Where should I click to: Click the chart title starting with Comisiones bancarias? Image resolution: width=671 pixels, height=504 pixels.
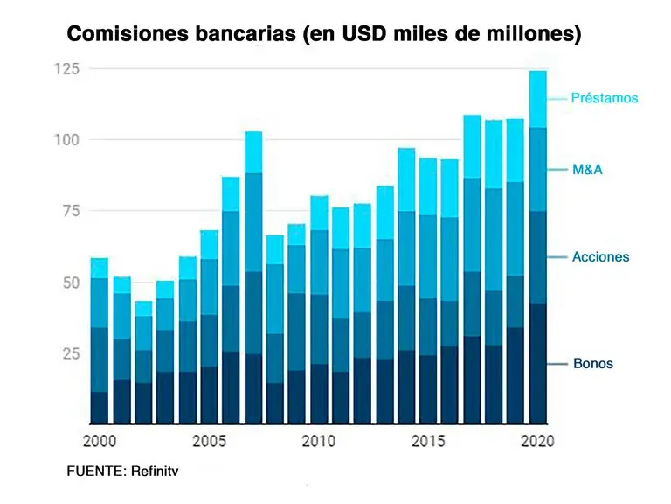[324, 34]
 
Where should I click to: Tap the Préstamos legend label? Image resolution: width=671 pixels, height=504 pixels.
[605, 98]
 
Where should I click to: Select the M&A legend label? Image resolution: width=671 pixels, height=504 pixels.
[587, 169]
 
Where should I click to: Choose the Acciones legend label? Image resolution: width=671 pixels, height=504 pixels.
[600, 257]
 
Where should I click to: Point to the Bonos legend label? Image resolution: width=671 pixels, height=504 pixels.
[592, 363]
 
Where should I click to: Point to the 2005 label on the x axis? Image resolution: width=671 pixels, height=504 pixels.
[209, 442]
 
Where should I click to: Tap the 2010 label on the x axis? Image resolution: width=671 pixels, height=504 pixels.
[318, 442]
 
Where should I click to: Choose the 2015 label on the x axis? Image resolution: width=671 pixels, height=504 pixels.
[428, 442]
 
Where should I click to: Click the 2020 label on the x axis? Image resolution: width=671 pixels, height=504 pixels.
[537, 442]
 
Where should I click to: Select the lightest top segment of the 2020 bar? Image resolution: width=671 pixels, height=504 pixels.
[537, 99]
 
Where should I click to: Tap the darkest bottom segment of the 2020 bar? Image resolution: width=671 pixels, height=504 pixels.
[537, 363]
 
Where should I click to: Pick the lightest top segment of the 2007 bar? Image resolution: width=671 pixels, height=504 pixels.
[253, 152]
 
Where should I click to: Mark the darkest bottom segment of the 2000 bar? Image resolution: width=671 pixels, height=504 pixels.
[100, 408]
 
